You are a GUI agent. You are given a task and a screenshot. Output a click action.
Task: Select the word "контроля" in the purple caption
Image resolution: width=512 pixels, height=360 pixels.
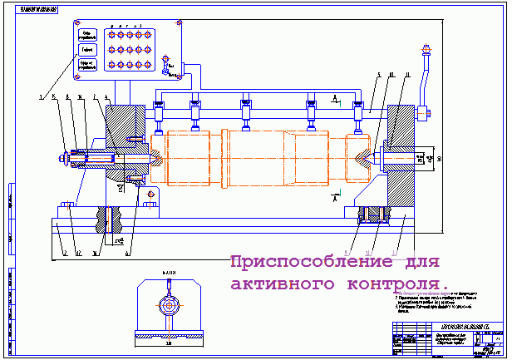[x=405, y=284]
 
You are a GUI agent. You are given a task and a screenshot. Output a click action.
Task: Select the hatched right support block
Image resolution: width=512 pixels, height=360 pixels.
[x=401, y=158]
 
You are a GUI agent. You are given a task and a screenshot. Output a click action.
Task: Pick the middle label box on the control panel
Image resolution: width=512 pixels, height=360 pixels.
[x=90, y=49]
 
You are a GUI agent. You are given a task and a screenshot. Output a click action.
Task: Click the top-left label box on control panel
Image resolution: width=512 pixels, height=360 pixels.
[x=91, y=34]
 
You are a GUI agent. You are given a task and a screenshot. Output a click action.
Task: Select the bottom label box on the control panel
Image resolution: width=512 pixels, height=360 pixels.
[x=89, y=64]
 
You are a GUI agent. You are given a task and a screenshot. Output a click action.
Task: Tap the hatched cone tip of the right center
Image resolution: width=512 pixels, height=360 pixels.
[x=366, y=155]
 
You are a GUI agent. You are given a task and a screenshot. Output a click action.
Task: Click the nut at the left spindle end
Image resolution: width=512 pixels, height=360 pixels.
[x=63, y=155]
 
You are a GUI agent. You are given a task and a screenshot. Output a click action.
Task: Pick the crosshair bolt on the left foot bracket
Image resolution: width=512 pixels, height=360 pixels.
[x=150, y=195]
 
